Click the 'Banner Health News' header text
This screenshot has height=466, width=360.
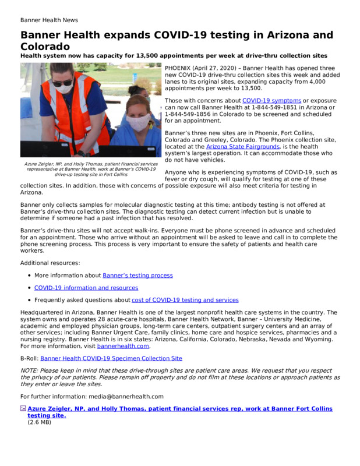point(49,20)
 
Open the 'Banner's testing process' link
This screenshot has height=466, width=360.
point(137,275)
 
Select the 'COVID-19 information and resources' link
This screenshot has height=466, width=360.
point(86,288)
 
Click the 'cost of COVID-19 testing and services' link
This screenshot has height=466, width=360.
point(185,300)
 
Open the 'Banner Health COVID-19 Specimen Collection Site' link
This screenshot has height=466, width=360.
point(119,358)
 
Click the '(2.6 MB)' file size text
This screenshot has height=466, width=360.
point(40,422)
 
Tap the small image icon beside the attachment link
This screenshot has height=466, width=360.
point(23,409)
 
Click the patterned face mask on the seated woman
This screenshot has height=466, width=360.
point(137,122)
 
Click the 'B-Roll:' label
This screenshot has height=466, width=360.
point(29,358)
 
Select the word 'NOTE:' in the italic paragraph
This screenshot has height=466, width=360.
point(30,370)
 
